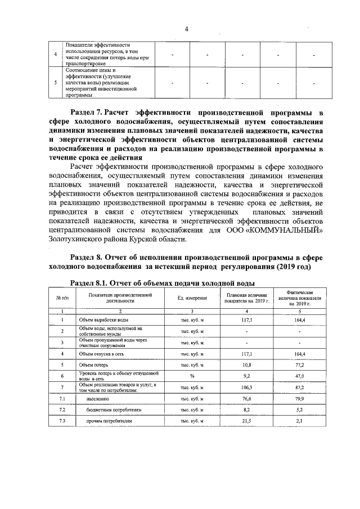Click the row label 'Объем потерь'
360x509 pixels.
pos(93,365)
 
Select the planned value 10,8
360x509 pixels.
pos(246,365)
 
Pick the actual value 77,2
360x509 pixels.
pos(299,365)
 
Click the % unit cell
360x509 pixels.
pos(192,376)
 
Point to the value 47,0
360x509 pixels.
pos(299,376)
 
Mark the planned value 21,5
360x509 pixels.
pos(246,421)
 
